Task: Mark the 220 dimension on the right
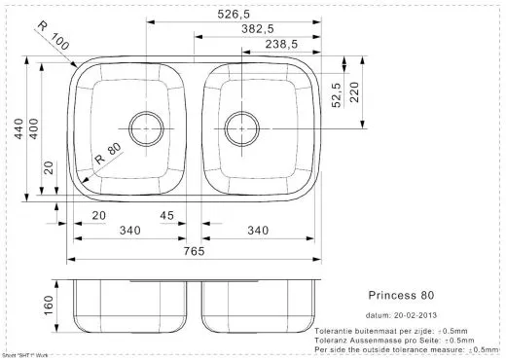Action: point(355,92)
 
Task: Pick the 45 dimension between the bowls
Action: point(166,216)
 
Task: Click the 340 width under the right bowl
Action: point(258,231)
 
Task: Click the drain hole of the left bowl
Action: point(147,126)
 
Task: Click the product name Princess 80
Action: point(401,294)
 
